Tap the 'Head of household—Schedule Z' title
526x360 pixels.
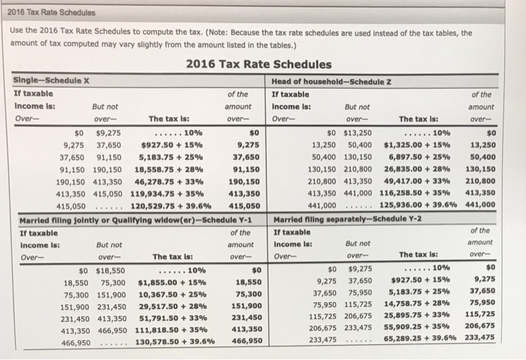pyautogui.click(x=325, y=81)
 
